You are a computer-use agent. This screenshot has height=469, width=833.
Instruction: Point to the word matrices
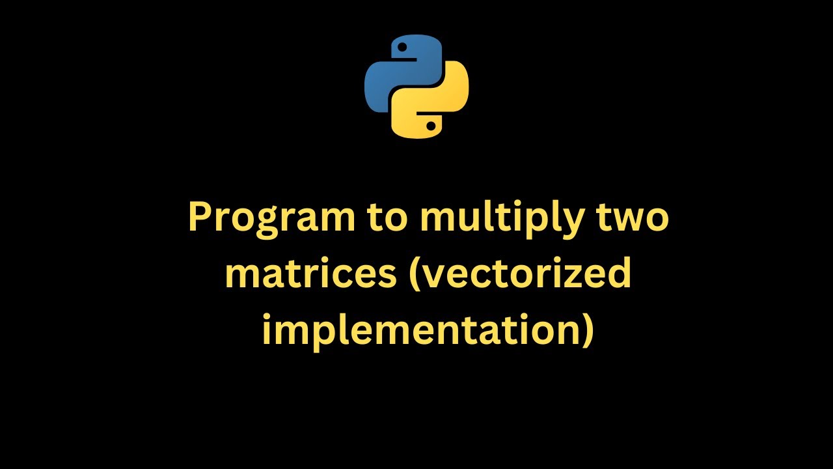click(x=310, y=273)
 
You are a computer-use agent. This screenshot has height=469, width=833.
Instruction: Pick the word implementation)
click(x=428, y=330)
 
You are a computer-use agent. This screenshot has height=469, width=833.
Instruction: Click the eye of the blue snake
click(x=403, y=48)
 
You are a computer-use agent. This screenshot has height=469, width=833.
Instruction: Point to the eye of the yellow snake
click(x=430, y=125)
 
